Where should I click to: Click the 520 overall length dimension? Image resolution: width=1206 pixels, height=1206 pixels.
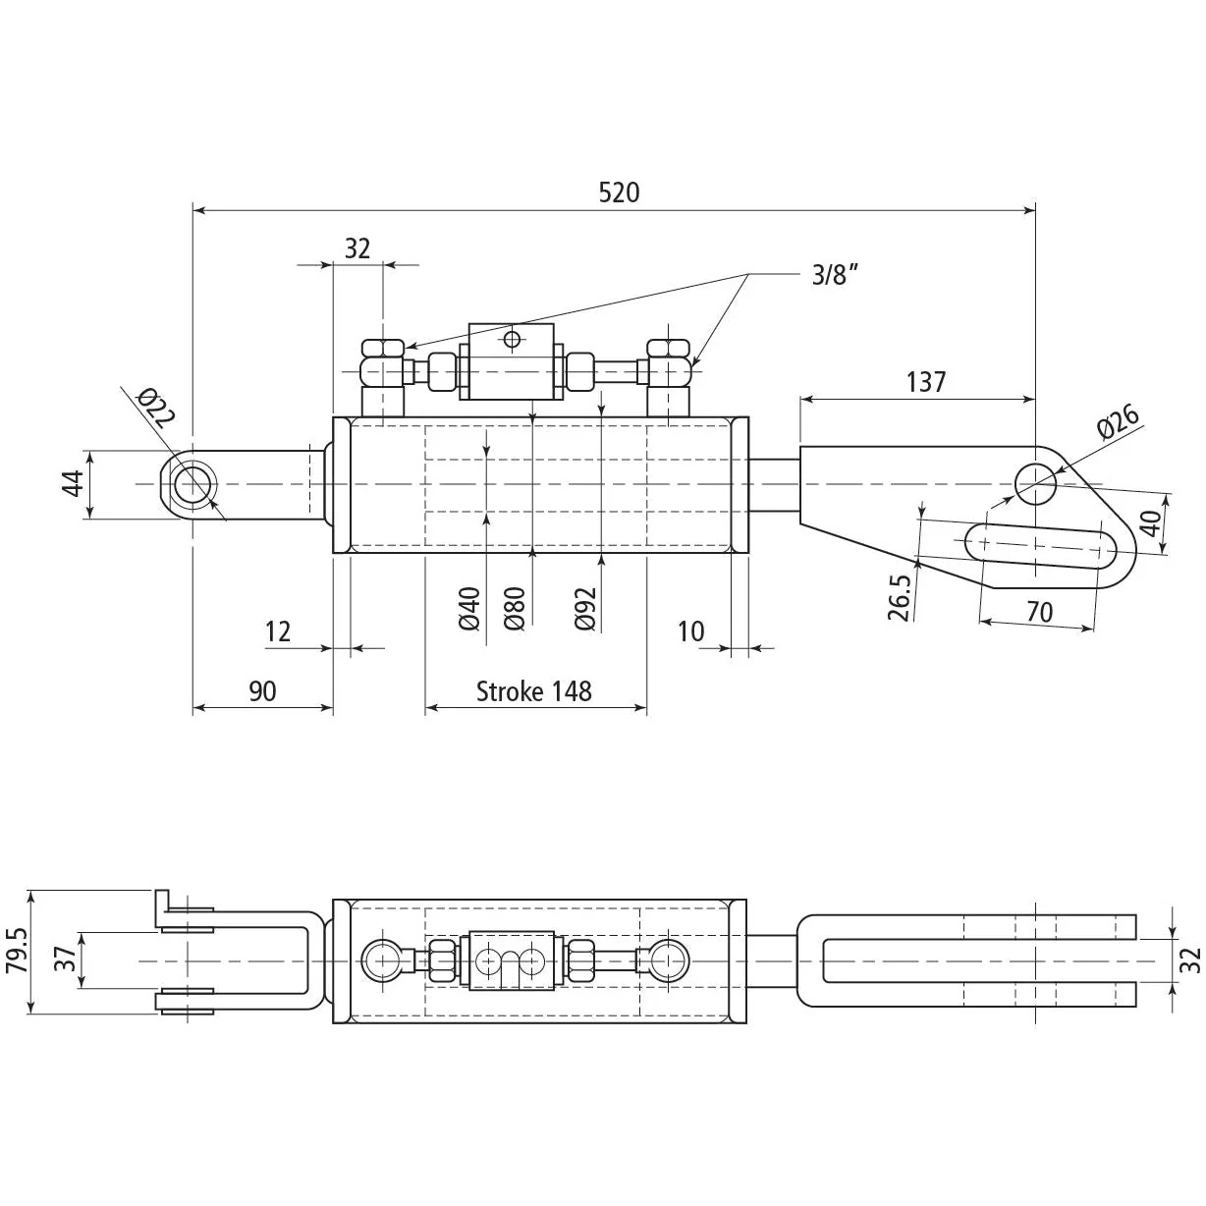coord(619,192)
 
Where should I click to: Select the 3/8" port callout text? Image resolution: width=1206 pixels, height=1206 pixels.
coord(835,274)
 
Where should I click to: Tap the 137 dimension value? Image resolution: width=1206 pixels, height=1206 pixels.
coord(926,382)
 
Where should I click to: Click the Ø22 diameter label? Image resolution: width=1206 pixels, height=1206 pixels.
coord(156,408)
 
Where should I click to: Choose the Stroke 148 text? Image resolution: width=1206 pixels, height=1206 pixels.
coord(534,691)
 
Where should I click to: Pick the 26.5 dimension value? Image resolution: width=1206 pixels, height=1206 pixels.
coord(900,597)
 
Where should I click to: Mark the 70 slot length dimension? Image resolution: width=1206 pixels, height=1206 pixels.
coord(1039,612)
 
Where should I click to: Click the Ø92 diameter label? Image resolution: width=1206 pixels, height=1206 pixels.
coord(585,608)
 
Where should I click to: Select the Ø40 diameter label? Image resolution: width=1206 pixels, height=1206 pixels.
coord(468,608)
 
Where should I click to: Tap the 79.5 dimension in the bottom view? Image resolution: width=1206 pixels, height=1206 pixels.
coord(18,950)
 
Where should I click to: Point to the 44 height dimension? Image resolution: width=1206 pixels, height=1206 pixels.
coord(74,484)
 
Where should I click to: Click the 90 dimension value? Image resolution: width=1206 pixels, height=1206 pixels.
coord(262,691)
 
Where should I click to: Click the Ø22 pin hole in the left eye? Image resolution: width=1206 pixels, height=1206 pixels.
coord(193,485)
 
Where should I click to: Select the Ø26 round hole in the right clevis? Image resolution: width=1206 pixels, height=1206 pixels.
coord(1035,484)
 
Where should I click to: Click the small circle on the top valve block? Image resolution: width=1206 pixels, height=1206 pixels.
coord(512,340)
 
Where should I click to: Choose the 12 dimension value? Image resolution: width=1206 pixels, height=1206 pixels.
coord(278,632)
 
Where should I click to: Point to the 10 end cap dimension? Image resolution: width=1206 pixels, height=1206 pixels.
coord(691,632)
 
